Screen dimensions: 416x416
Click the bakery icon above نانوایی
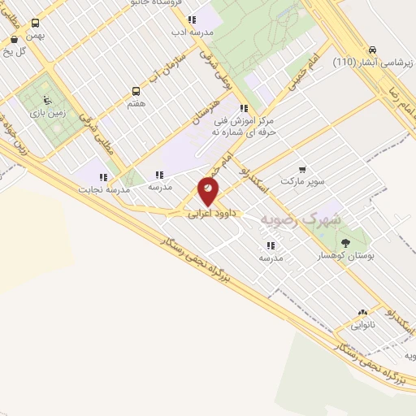[362, 312]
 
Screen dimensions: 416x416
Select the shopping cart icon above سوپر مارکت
[303, 169]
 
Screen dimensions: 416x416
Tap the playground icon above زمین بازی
[47, 100]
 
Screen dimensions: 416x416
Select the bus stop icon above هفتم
[136, 92]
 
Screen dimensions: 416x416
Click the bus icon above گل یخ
[14, 39]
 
